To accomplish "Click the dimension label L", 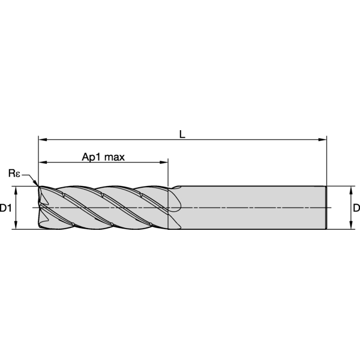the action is (x=182, y=134).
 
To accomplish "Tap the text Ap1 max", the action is (x=103, y=157).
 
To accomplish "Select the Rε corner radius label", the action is (x=14, y=173).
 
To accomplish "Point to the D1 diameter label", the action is (x=5, y=208).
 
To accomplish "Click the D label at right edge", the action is (x=356, y=208).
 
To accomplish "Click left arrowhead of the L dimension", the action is (x=43, y=140).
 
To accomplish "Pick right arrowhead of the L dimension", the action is (x=322, y=140).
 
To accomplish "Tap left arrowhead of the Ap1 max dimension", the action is (x=43, y=163).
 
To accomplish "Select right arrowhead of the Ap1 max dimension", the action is (x=164, y=163).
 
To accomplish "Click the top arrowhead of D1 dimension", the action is (x=16, y=190).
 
